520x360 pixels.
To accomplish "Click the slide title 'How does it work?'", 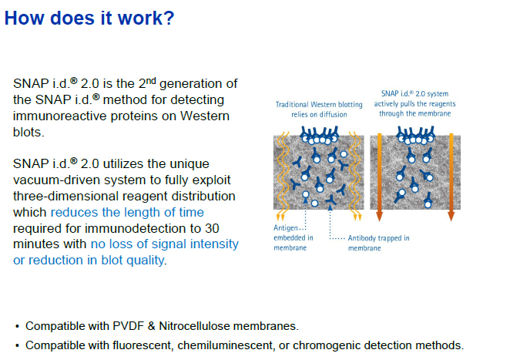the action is click(89, 18).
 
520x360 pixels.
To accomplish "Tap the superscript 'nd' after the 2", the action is click(151, 81).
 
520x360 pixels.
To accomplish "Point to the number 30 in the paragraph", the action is click(212, 228).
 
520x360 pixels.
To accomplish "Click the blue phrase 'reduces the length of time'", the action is click(127, 212).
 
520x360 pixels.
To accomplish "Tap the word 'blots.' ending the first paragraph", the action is click(29, 132).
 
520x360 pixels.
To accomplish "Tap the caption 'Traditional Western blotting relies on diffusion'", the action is click(319, 109).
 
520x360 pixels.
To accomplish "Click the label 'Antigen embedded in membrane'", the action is click(293, 237).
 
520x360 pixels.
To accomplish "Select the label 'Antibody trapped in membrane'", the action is click(378, 243).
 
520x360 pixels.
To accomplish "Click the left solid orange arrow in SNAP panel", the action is click(379, 177).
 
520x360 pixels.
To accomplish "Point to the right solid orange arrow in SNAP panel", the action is click(451, 177).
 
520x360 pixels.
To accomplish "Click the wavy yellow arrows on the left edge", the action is click(281, 176).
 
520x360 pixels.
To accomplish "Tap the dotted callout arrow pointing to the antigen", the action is click(305, 214).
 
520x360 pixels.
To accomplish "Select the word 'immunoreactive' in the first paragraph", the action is click(59, 116).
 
